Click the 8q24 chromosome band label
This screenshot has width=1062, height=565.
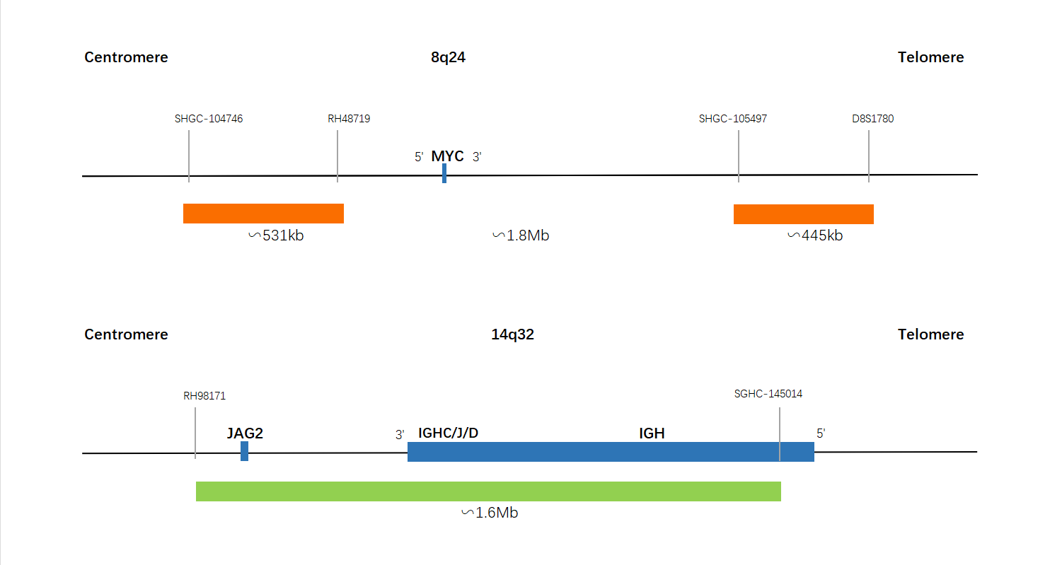point(448,57)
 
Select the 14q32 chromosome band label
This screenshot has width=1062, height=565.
point(512,334)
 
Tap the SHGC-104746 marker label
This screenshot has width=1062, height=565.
point(209,119)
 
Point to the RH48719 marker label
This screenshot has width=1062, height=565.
point(349,119)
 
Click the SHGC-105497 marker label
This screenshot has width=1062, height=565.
point(733,119)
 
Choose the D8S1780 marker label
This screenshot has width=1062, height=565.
point(873,119)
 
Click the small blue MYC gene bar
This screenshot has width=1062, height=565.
point(444,173)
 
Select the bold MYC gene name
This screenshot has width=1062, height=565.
point(448,156)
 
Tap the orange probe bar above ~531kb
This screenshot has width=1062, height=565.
point(264,214)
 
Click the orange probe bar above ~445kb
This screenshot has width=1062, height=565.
point(804,214)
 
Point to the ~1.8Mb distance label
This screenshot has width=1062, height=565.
point(521,235)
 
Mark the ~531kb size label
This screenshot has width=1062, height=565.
point(277,235)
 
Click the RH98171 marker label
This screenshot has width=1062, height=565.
point(204,396)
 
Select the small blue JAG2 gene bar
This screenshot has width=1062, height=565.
point(245,451)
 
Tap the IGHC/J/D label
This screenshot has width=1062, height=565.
point(448,433)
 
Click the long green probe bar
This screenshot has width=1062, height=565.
point(488,491)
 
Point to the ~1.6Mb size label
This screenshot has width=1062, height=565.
point(490,513)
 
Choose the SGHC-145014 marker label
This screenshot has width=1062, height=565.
point(768,394)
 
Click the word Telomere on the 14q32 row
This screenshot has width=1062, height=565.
point(930,334)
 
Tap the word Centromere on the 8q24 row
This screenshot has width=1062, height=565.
point(126,57)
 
